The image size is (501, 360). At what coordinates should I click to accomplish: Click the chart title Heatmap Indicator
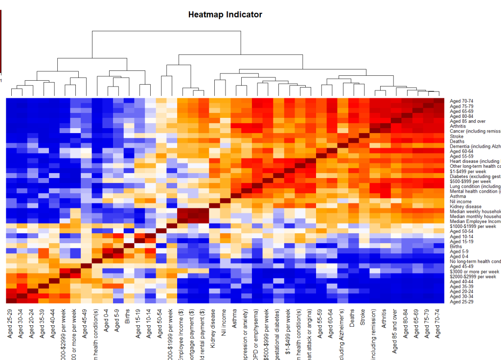[x=225, y=15]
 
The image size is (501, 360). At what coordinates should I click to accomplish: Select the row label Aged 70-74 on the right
[x=462, y=101]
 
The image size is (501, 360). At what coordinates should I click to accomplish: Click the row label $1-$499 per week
[x=468, y=171]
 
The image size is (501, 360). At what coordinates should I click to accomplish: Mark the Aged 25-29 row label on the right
[x=462, y=301]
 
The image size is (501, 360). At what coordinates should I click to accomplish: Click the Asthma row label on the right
[x=458, y=196]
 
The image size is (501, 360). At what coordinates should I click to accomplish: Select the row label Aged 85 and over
[x=467, y=121]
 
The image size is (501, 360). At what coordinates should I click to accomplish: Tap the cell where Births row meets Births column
[x=129, y=247]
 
